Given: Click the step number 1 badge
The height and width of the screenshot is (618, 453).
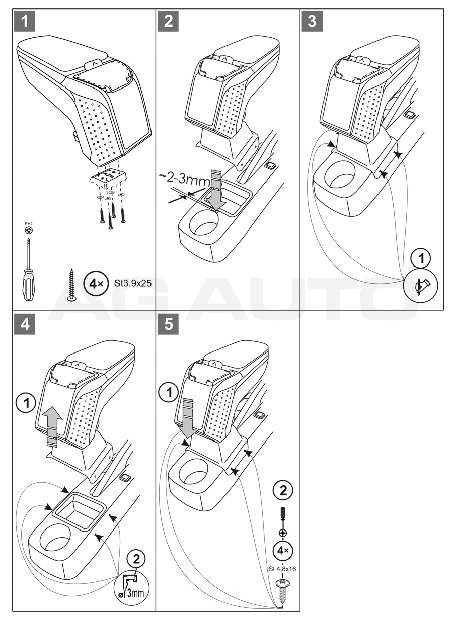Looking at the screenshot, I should pos(25,21).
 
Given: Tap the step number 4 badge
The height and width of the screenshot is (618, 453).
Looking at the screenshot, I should pos(25,324).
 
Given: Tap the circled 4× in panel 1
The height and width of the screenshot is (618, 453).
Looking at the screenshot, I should pos(95,283).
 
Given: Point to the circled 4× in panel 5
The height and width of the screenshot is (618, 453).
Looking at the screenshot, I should pos(283,551).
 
